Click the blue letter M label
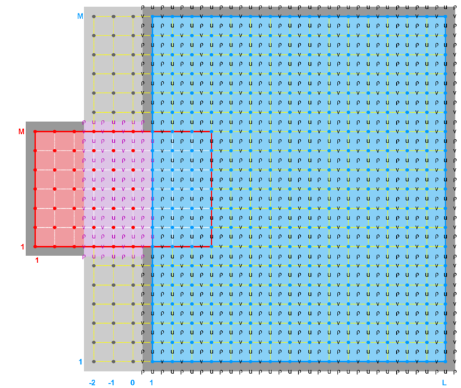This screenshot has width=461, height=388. (80, 16)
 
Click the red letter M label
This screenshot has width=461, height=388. (21, 131)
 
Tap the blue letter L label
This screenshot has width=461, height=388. (444, 382)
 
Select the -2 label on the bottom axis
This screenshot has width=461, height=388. (92, 382)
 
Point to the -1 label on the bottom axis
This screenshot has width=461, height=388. (111, 382)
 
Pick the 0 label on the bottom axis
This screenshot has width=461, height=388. (133, 382)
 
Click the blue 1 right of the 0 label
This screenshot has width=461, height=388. (152, 382)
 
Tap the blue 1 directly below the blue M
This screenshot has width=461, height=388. (80, 363)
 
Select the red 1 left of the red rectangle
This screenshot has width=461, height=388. (23, 247)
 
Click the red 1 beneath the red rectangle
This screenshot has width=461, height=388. (37, 260)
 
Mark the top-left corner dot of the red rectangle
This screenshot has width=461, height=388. (35, 131)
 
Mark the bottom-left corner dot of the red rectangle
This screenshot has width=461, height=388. (35, 246)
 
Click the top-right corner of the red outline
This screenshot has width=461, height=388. (211, 131)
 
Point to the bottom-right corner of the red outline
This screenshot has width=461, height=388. (211, 246)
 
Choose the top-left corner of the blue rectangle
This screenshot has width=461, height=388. (152, 16)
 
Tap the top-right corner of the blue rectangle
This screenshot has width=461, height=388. (445, 16)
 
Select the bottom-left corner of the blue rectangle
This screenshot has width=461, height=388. (152, 362)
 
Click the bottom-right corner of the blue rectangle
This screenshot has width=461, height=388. (445, 362)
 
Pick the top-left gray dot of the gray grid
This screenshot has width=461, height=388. (94, 16)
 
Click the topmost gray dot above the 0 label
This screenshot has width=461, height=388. (133, 16)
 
